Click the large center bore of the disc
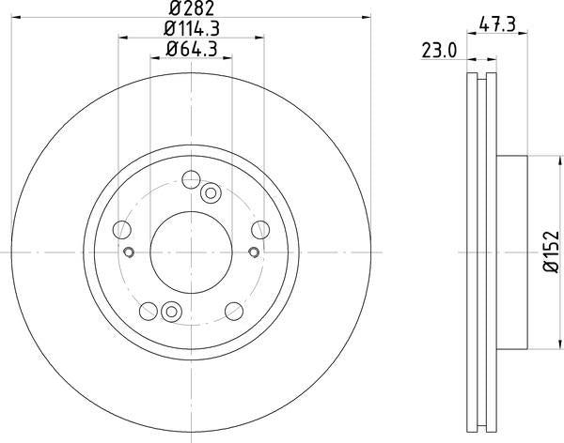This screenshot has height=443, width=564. (191, 251)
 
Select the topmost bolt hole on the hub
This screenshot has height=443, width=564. (191, 179)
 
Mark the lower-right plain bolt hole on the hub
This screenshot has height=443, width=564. (233, 310)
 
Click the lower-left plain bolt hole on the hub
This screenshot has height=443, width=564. (149, 310)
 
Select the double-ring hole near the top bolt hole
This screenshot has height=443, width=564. (211, 193)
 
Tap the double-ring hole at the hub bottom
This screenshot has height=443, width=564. (170, 312)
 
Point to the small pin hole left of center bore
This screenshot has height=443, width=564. (130, 251)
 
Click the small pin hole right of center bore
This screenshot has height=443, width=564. (253, 251)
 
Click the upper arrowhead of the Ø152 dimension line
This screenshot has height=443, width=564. (537, 158)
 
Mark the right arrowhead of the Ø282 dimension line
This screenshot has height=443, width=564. (369, 21)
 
